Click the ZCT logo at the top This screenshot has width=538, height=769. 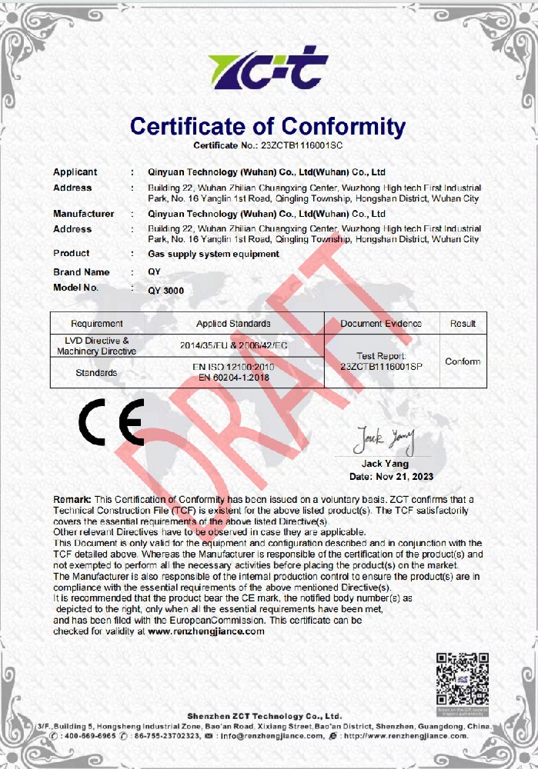tap(268, 68)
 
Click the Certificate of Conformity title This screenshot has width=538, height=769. tap(268, 126)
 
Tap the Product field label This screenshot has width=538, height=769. tap(71, 253)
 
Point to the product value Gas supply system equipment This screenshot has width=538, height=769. tap(213, 254)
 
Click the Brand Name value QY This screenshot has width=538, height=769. tap(154, 272)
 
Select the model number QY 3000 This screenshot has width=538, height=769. tap(165, 290)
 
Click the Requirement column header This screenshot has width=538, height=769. tap(96, 324)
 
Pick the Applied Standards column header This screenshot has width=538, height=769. tap(233, 324)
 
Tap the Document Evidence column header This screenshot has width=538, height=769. tap(381, 324)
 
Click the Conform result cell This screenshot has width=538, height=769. tap(463, 361)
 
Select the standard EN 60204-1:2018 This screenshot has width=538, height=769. tap(236, 378)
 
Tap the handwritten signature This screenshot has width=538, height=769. tap(383, 440)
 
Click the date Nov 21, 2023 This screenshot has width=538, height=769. tap(402, 477)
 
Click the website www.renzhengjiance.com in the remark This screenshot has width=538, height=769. tap(206, 631)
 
